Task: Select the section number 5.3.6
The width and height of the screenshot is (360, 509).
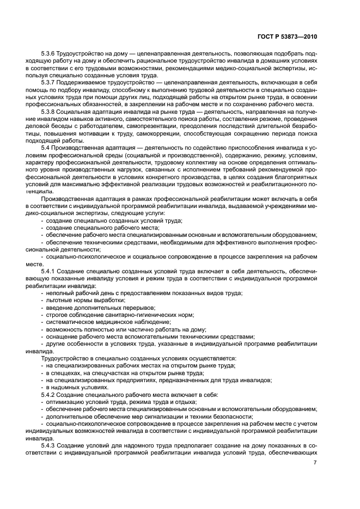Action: [50, 54]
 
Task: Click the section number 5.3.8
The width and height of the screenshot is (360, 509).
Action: [50, 111]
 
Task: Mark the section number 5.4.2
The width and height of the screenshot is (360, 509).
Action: [50, 394]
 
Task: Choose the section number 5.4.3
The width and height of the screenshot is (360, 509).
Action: [50, 444]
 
